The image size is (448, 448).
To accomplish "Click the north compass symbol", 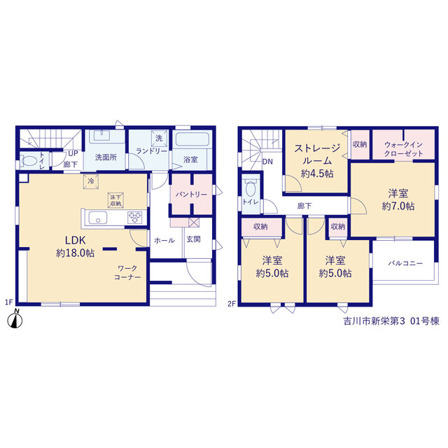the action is (15, 319).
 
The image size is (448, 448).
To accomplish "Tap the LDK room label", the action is (75, 240).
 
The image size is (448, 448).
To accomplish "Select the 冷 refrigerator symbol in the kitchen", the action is (91, 181).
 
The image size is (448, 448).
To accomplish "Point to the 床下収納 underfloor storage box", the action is (115, 200).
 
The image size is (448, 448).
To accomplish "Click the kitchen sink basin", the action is (98, 218).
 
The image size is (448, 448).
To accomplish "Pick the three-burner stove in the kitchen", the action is (135, 218).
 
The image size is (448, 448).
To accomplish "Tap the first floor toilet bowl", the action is (29, 160).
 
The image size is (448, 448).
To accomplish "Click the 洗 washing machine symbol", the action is (159, 139).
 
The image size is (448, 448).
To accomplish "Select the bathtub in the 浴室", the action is (191, 139).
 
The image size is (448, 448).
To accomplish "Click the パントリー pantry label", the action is (191, 195).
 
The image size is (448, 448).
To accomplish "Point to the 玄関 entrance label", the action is (193, 239).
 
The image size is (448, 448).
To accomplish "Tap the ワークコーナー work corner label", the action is (127, 273).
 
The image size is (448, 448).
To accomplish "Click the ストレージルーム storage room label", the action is (317, 154).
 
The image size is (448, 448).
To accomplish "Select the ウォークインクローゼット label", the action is (403, 149).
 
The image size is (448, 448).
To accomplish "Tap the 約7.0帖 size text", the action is (398, 206).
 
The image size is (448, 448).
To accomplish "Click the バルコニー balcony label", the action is (405, 263).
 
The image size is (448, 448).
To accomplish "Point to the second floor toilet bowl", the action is (251, 188).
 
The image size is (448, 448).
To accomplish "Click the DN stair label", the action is (267, 162).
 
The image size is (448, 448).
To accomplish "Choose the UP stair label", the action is (73, 153).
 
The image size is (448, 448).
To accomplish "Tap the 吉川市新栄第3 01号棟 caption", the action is (391, 321).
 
